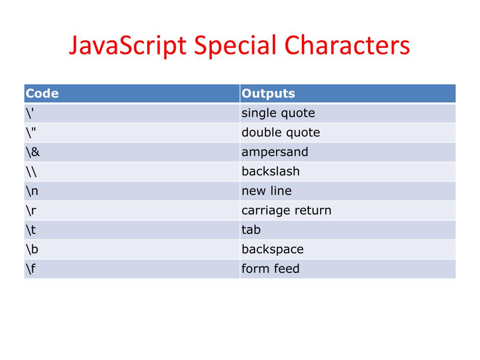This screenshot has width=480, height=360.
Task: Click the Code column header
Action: pyautogui.click(x=42, y=93)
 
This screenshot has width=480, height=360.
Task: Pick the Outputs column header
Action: pyautogui.click(x=268, y=93)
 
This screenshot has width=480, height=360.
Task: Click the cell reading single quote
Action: pyautogui.click(x=278, y=113)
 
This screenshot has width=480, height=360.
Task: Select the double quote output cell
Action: pyautogui.click(x=280, y=133)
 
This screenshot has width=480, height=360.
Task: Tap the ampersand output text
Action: pyautogui.click(x=275, y=152)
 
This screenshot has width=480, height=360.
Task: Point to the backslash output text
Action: pyautogui.click(x=270, y=172)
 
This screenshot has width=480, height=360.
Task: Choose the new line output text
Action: pyautogui.click(x=266, y=191)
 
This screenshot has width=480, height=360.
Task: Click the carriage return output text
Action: pyautogui.click(x=286, y=210)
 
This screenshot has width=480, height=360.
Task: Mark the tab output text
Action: pyautogui.click(x=251, y=230)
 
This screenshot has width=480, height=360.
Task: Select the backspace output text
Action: pyautogui.click(x=272, y=249)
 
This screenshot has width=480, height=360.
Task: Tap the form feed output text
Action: pyautogui.click(x=270, y=269)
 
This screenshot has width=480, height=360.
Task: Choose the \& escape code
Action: pyautogui.click(x=33, y=152)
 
